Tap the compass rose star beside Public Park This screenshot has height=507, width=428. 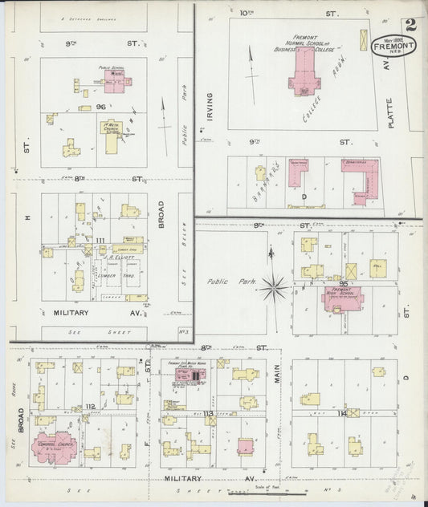tap(276, 283)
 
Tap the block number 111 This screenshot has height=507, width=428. tap(100, 241)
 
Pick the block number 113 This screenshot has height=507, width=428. tap(209, 412)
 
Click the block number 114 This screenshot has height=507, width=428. tap(344, 412)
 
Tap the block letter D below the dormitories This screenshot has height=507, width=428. tap(304, 196)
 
